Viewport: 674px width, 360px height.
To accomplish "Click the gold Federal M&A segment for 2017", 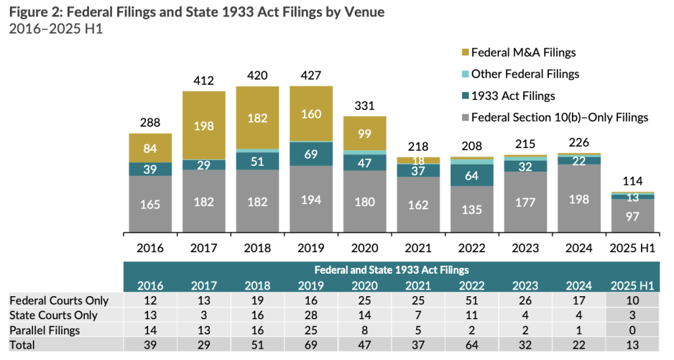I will click(204, 125).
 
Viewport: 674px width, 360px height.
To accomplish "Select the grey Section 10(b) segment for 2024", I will click(579, 199).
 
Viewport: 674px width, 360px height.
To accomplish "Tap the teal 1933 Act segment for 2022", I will click(472, 175).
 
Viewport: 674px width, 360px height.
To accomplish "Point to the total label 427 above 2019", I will click(311, 75).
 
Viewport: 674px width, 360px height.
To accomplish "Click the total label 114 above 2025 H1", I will click(633, 181).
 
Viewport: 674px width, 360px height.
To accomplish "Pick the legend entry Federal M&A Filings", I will click(519, 53).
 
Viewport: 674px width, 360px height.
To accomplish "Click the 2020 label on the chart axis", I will click(365, 248).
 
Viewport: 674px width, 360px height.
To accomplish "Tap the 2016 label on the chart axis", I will click(150, 248).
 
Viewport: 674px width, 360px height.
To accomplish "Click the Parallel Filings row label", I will click(45, 330).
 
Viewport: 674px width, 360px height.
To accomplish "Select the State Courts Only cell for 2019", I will click(311, 315).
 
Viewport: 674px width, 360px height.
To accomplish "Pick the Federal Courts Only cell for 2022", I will click(472, 301).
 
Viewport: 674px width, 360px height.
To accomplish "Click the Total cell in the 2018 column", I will click(257, 344).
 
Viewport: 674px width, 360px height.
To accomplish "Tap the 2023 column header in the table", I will click(525, 286).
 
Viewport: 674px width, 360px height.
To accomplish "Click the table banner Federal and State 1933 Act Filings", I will click(391, 270).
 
